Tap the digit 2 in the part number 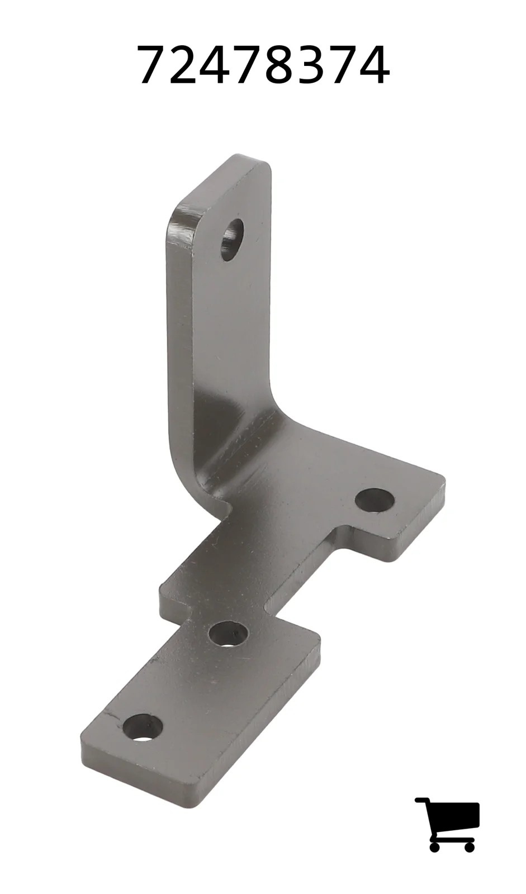184,64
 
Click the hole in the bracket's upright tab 232,240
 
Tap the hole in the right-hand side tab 375,500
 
